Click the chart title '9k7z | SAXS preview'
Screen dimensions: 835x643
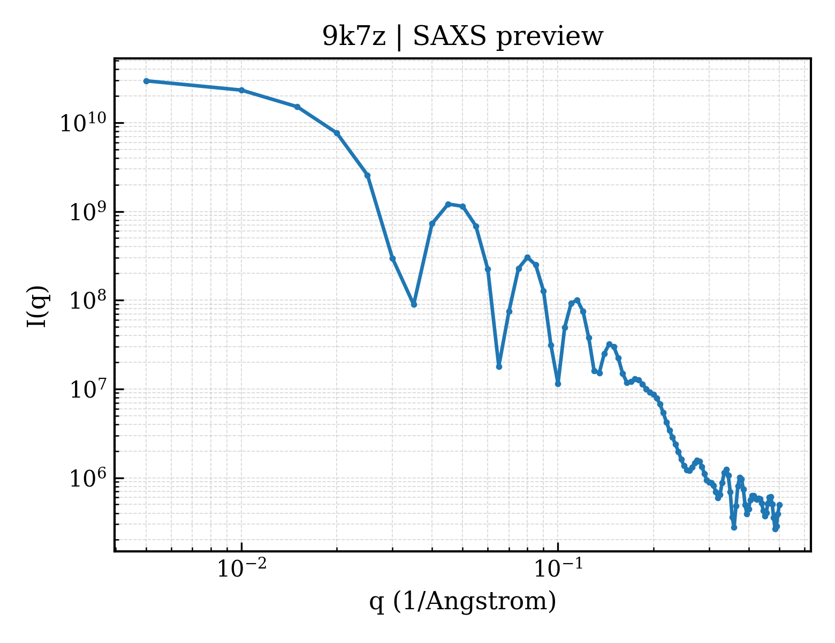462,37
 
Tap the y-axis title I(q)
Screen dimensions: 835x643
37,306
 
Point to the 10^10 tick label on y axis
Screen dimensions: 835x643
83,123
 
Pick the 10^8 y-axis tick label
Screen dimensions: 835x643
88,301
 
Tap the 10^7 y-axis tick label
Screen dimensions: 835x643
88,389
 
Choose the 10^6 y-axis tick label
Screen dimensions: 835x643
88,478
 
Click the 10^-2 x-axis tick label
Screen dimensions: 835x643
242,568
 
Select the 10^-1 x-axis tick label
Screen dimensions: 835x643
558,568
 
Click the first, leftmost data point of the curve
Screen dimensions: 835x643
147,81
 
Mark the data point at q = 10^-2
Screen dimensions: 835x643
242,91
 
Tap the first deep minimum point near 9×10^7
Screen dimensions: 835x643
414,304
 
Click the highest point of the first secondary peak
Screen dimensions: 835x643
448,204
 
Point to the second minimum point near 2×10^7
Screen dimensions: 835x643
499,367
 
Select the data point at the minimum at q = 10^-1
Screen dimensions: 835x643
558,384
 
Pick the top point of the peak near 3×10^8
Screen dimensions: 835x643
528,257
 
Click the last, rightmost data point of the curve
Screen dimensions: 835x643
779,505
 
